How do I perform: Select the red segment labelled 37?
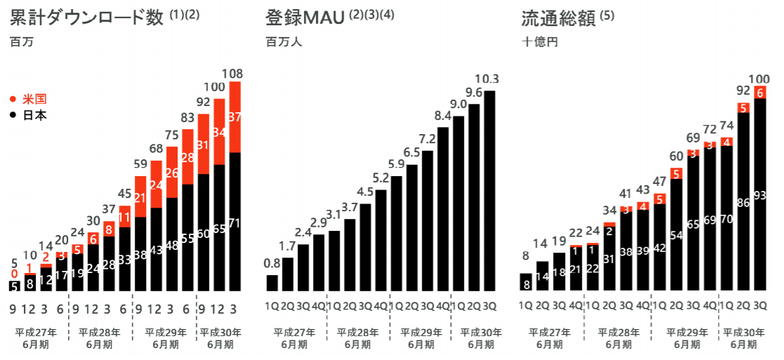[x=234, y=116]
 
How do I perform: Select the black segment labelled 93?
[x=759, y=195]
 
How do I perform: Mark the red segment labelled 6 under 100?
[x=759, y=92]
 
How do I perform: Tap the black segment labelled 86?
[x=743, y=202]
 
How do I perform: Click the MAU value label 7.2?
[x=427, y=139]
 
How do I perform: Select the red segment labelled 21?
[x=140, y=197]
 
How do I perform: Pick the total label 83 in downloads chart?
[x=187, y=118]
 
